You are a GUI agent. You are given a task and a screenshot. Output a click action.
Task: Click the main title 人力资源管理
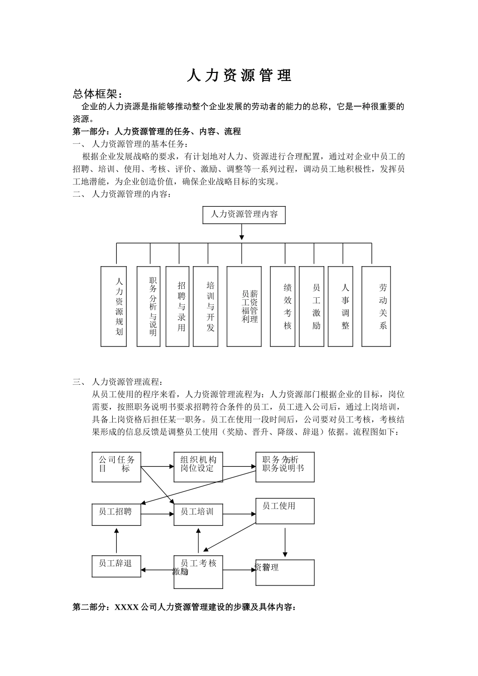pyautogui.click(x=239, y=75)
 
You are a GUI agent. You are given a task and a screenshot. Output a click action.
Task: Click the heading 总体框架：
pyautogui.click(x=98, y=94)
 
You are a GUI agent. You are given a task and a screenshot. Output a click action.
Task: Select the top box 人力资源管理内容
pyautogui.click(x=244, y=214)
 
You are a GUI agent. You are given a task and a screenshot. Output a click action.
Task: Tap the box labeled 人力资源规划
pyautogui.click(x=114, y=306)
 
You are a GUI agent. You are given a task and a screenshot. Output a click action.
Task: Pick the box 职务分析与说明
pyautogui.click(x=148, y=306)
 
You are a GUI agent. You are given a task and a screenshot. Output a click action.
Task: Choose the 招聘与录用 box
pyautogui.click(x=178, y=306)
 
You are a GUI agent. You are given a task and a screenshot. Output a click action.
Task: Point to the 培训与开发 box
pyautogui.click(x=206, y=306)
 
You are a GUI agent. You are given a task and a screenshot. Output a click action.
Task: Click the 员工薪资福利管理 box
pyautogui.click(x=244, y=306)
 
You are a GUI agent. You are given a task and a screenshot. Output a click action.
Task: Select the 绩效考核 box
pyautogui.click(x=282, y=306)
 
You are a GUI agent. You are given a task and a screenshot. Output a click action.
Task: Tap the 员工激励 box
pyautogui.click(x=311, y=306)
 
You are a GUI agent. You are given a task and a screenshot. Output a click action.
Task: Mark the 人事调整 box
pyautogui.click(x=341, y=306)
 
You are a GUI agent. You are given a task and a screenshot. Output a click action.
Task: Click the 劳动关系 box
pyautogui.click(x=377, y=306)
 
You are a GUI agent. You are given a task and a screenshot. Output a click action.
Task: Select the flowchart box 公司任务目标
pyautogui.click(x=117, y=467)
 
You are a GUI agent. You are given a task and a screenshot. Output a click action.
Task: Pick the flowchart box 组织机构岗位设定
pyautogui.click(x=198, y=467)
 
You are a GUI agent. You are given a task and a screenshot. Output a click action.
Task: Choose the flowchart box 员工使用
pyautogui.click(x=285, y=511)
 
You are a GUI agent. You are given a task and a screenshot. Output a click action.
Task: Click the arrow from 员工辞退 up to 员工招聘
pyautogui.click(x=116, y=541)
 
